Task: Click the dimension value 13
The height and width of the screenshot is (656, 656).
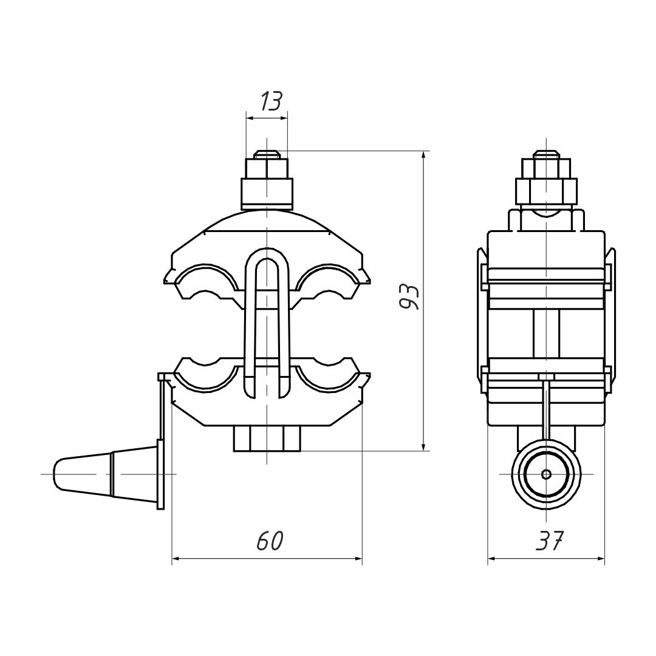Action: pos(271,101)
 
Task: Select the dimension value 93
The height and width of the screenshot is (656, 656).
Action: pos(410,296)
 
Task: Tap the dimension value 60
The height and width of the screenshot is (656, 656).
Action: pos(270,541)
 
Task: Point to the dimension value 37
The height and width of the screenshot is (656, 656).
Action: pos(550,541)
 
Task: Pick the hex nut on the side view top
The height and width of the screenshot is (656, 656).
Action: pos(546,190)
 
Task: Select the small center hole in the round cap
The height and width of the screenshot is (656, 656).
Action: pos(546,474)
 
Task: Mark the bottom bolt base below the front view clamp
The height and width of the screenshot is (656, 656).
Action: pos(267,439)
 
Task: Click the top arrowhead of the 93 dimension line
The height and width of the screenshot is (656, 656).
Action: pos(423,155)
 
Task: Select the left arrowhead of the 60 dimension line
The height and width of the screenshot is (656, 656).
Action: pos(177,559)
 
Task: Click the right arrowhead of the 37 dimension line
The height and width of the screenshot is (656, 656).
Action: pos(601,559)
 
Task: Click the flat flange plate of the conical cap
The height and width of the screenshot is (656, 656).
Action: pos(160,474)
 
